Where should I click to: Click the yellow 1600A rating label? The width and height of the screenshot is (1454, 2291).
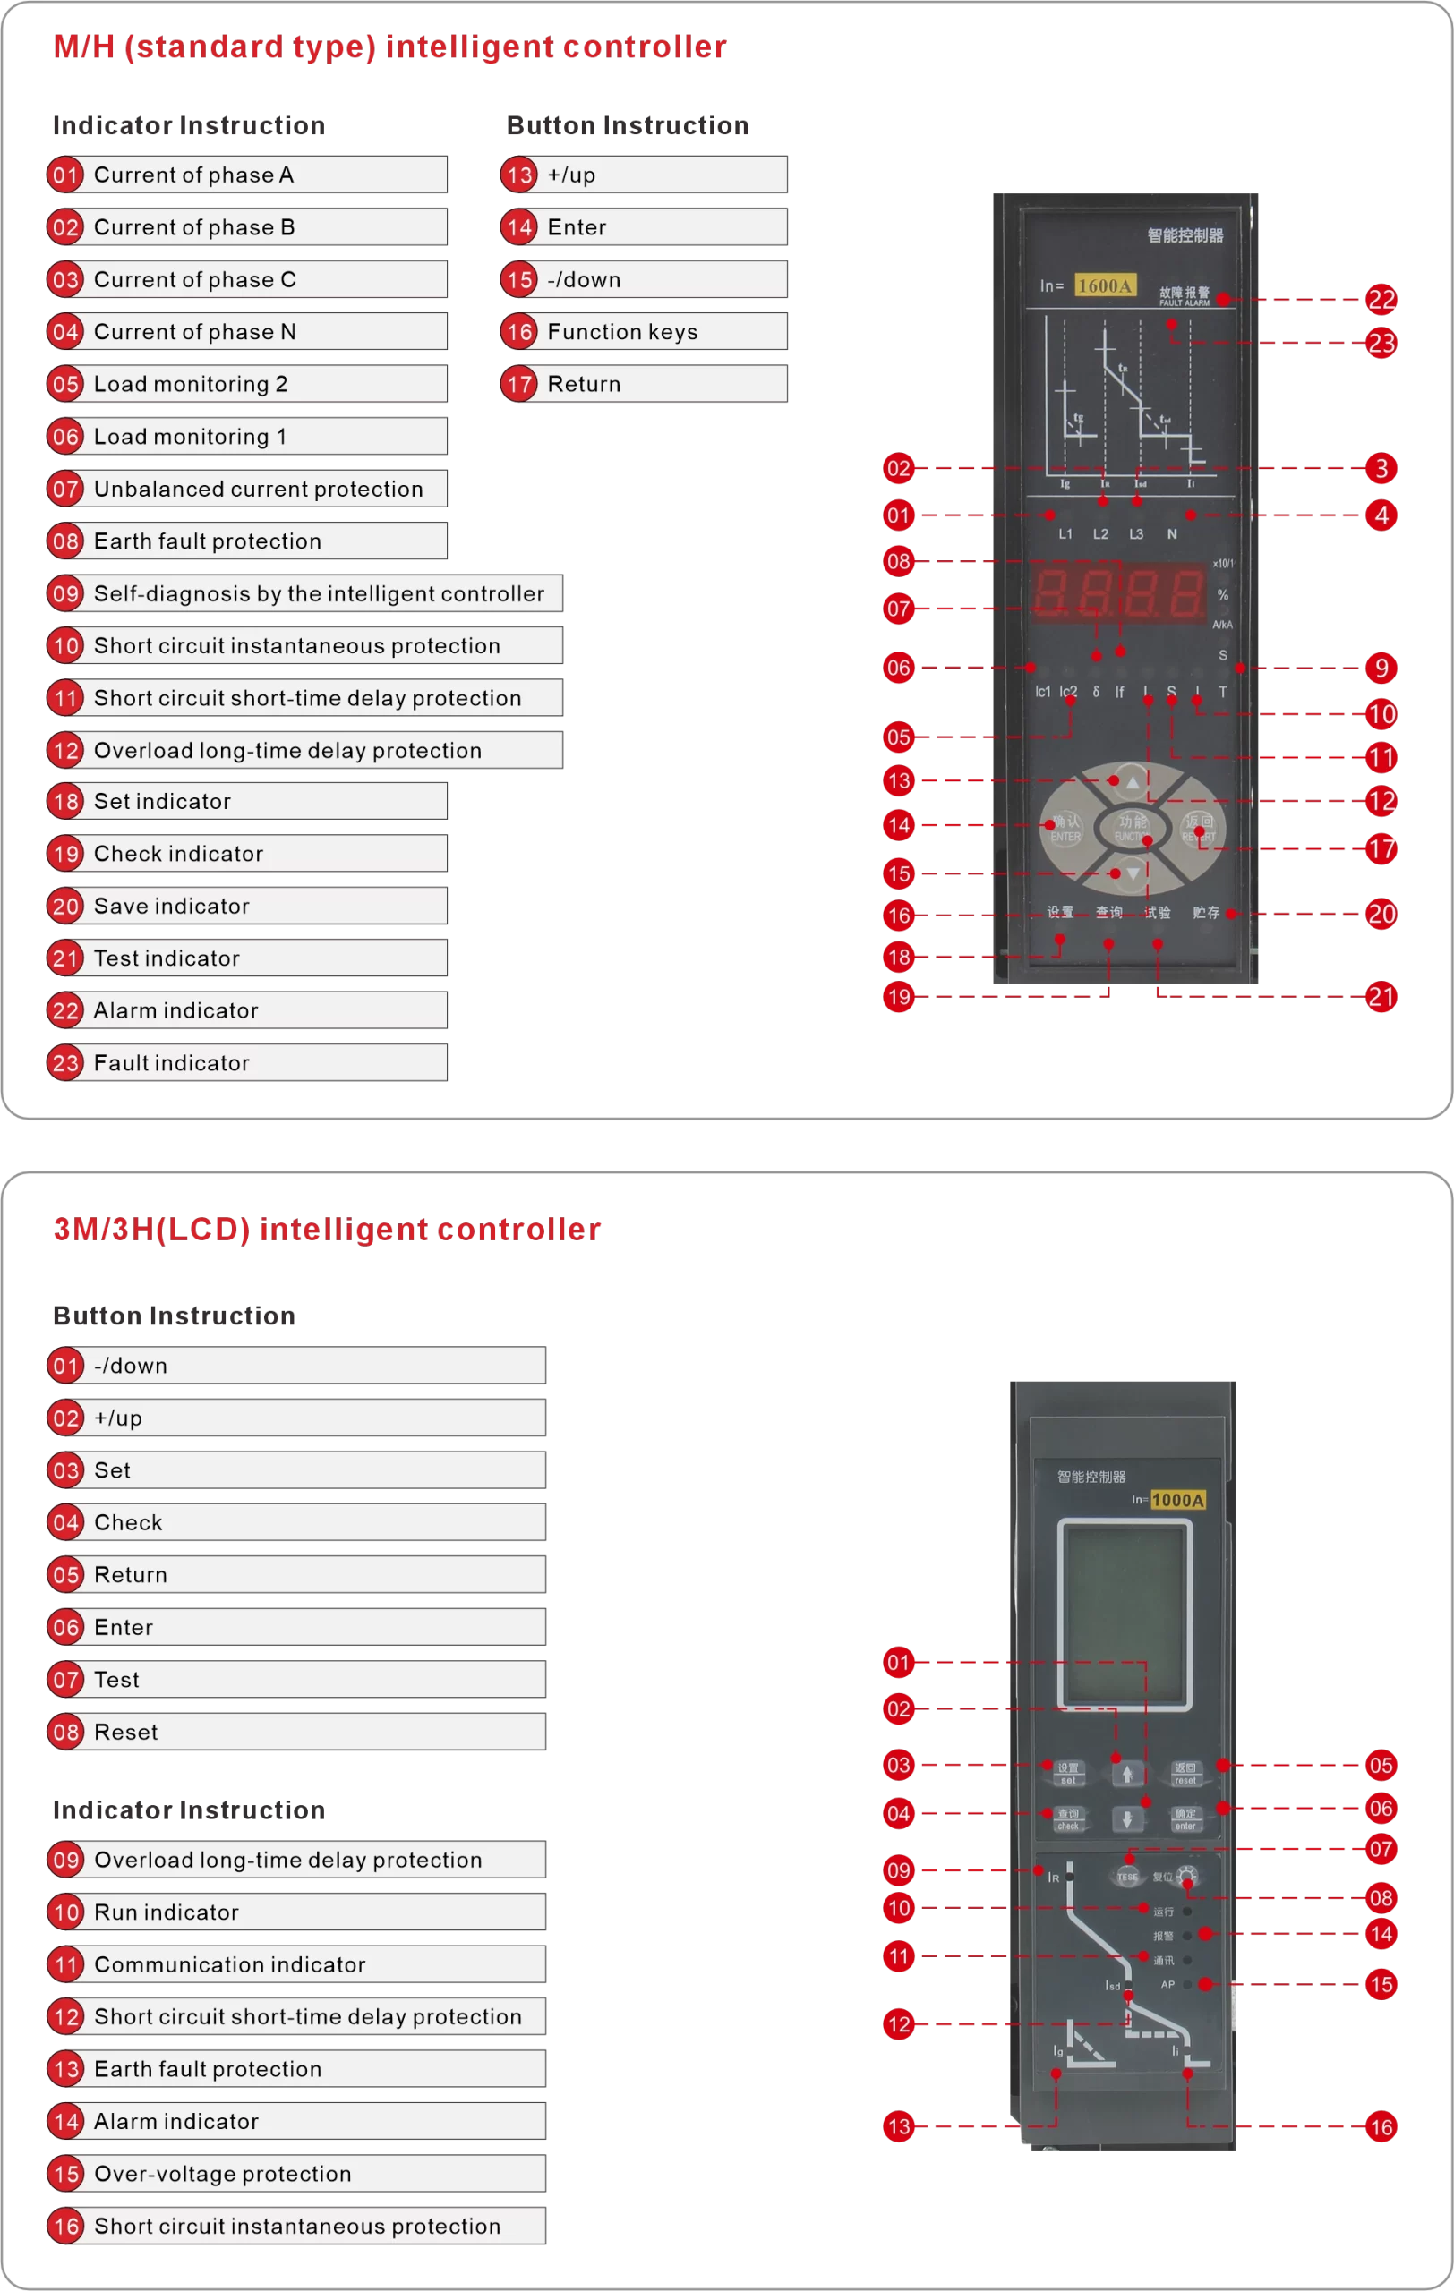pyautogui.click(x=1105, y=285)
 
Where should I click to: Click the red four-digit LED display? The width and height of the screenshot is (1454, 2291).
pyautogui.click(x=1119, y=592)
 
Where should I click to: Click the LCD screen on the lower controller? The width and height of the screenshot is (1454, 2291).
pyautogui.click(x=1125, y=1614)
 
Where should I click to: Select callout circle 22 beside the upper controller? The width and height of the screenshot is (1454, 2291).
pyautogui.click(x=1381, y=300)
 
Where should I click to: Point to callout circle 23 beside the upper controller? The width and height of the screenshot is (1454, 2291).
pyautogui.click(x=1381, y=343)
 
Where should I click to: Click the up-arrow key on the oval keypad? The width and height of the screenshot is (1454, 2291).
pyautogui.click(x=1132, y=782)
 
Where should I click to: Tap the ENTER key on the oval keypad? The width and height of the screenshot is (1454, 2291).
pyautogui.click(x=1065, y=828)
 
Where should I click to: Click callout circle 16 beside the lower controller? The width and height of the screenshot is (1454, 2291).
pyautogui.click(x=1381, y=2126)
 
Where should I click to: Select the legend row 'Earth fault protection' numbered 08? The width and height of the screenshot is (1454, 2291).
pyautogui.click(x=247, y=541)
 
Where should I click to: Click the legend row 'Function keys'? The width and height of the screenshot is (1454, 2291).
pyautogui.click(x=645, y=332)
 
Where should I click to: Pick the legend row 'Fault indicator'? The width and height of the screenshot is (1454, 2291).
pyautogui.click(x=247, y=1063)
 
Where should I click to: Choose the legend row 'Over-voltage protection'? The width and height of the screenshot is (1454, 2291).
pyautogui.click(x=297, y=2173)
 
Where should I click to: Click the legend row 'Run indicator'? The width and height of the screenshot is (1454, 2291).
pyautogui.click(x=297, y=1912)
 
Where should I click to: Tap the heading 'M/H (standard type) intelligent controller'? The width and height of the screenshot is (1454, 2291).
pyautogui.click(x=389, y=47)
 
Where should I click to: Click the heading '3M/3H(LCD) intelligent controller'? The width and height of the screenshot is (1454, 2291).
pyautogui.click(x=327, y=1230)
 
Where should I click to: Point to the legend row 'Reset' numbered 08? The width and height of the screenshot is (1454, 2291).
pyautogui.click(x=297, y=1732)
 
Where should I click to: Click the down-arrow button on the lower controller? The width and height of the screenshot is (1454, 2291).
pyautogui.click(x=1126, y=1819)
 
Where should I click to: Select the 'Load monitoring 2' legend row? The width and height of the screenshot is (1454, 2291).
pyautogui.click(x=247, y=385)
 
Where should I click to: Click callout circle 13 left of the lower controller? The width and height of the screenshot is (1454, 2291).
pyautogui.click(x=898, y=2126)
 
